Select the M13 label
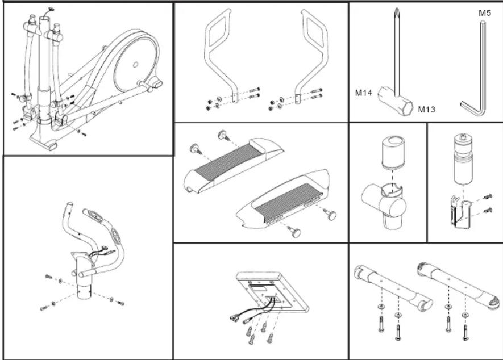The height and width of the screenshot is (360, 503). pos(426,110)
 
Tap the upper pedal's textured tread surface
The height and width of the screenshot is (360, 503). pos(227,165)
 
